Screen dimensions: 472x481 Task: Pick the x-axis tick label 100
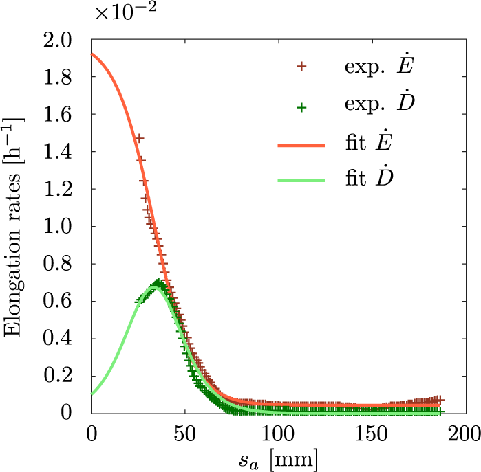pos(277,434)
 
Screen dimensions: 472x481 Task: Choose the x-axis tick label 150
pos(370,434)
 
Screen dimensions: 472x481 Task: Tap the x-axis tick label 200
pos(462,434)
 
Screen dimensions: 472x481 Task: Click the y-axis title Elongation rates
pos(15,227)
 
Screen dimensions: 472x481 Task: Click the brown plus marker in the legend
pos(301,67)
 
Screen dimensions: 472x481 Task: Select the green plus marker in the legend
pos(301,106)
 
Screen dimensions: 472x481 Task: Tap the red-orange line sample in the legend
pos(301,146)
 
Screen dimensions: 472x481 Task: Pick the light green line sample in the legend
pos(301,181)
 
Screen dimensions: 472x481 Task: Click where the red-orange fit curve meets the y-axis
pos(92,54)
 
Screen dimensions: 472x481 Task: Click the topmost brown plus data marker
pos(139,138)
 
